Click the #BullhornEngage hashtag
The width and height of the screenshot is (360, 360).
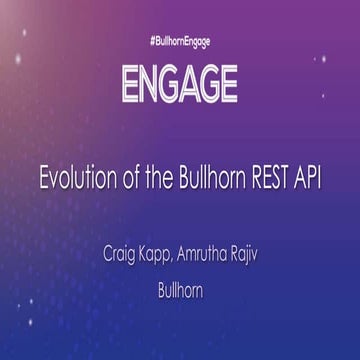click(x=180, y=44)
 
